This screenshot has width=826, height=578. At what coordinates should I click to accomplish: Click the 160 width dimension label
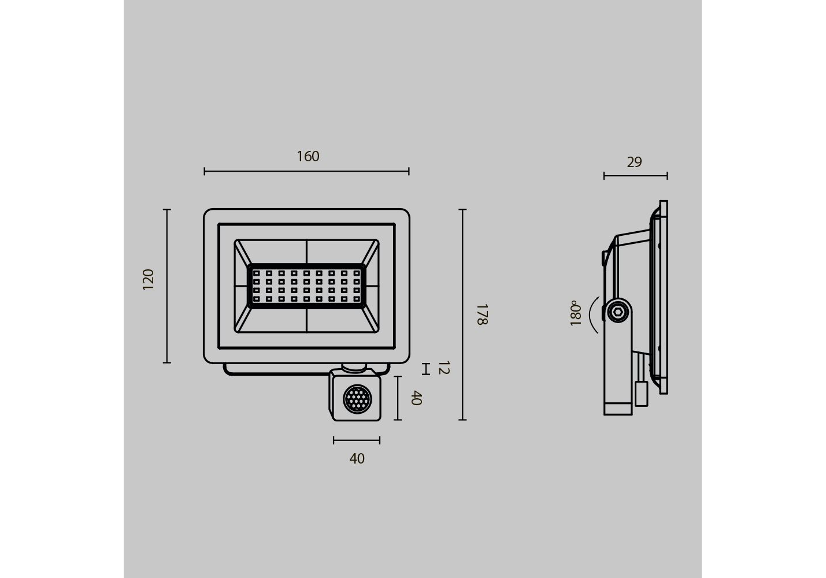tap(308, 156)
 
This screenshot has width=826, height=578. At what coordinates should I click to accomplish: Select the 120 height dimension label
tap(148, 279)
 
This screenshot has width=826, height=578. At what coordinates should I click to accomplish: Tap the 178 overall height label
tap(482, 314)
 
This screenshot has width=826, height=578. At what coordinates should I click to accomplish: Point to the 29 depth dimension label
tap(634, 162)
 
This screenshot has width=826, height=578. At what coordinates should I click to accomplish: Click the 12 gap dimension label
tap(444, 368)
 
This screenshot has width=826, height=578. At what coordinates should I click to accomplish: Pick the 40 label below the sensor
tap(357, 458)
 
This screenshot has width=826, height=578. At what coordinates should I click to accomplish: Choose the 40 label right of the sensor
tap(416, 398)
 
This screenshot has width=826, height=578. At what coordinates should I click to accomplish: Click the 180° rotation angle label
tap(575, 313)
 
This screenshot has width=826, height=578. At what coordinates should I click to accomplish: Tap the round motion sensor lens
tap(357, 399)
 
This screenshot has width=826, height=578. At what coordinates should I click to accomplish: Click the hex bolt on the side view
tap(618, 312)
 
